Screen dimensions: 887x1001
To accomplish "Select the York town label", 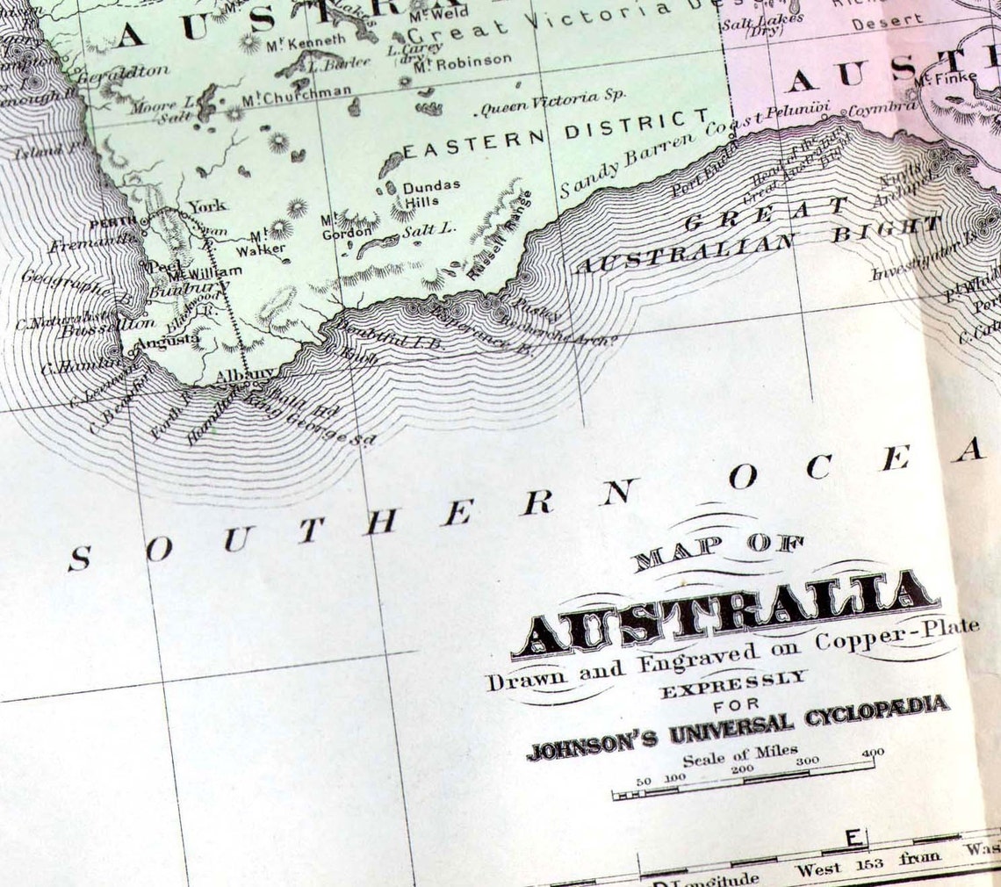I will point(207,206).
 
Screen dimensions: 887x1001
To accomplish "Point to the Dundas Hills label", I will point(431,193).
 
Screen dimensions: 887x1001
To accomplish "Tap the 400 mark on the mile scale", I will point(872,753).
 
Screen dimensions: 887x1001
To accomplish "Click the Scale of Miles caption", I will point(740,754).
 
